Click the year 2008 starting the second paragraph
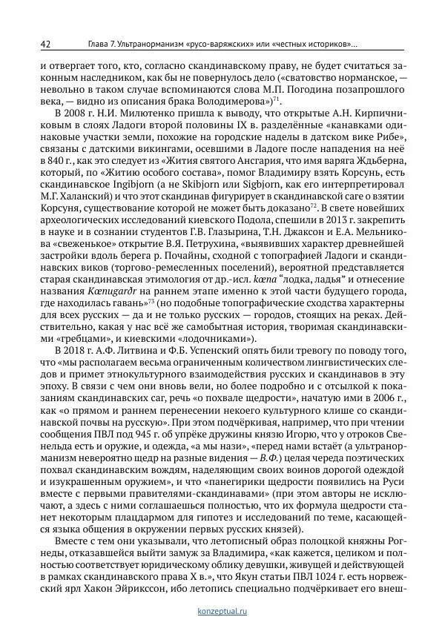[75, 112]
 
